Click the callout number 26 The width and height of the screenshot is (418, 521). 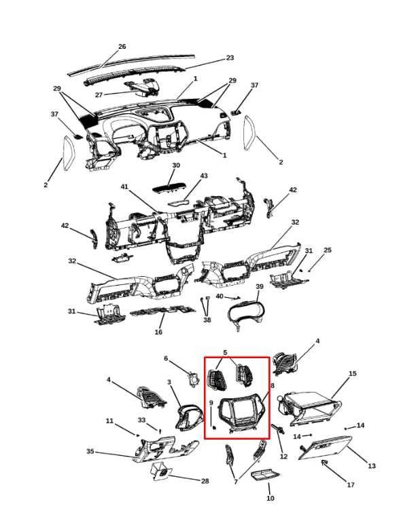point(122,47)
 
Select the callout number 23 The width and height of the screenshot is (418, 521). point(230,58)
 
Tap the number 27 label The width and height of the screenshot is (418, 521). point(99,95)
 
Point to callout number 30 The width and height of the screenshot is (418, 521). point(176,166)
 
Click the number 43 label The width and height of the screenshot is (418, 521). point(204,176)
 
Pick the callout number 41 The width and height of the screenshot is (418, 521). point(124,187)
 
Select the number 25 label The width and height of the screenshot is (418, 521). point(328,250)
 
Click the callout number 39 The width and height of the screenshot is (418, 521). point(259,286)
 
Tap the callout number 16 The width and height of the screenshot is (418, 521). point(158,332)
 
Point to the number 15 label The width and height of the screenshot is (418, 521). point(353,374)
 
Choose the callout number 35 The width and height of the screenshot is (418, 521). point(90,452)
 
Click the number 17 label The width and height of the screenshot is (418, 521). point(351,485)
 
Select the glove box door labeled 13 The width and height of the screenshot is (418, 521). point(325,447)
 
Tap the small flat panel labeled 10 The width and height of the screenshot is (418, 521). point(265,476)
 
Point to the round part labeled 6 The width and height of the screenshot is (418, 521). point(193,379)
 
